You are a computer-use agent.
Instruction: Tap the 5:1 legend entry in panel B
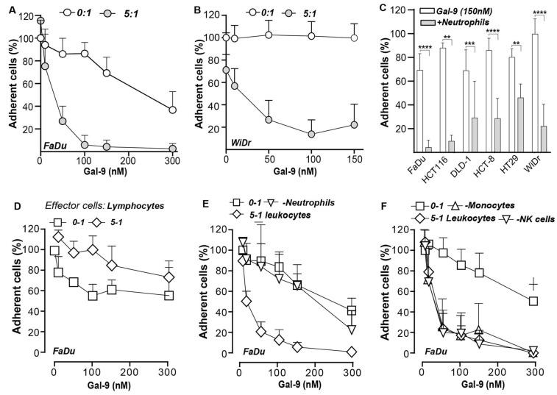pos(313,11)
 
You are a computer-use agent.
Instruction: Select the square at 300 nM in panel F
pos(533,301)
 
